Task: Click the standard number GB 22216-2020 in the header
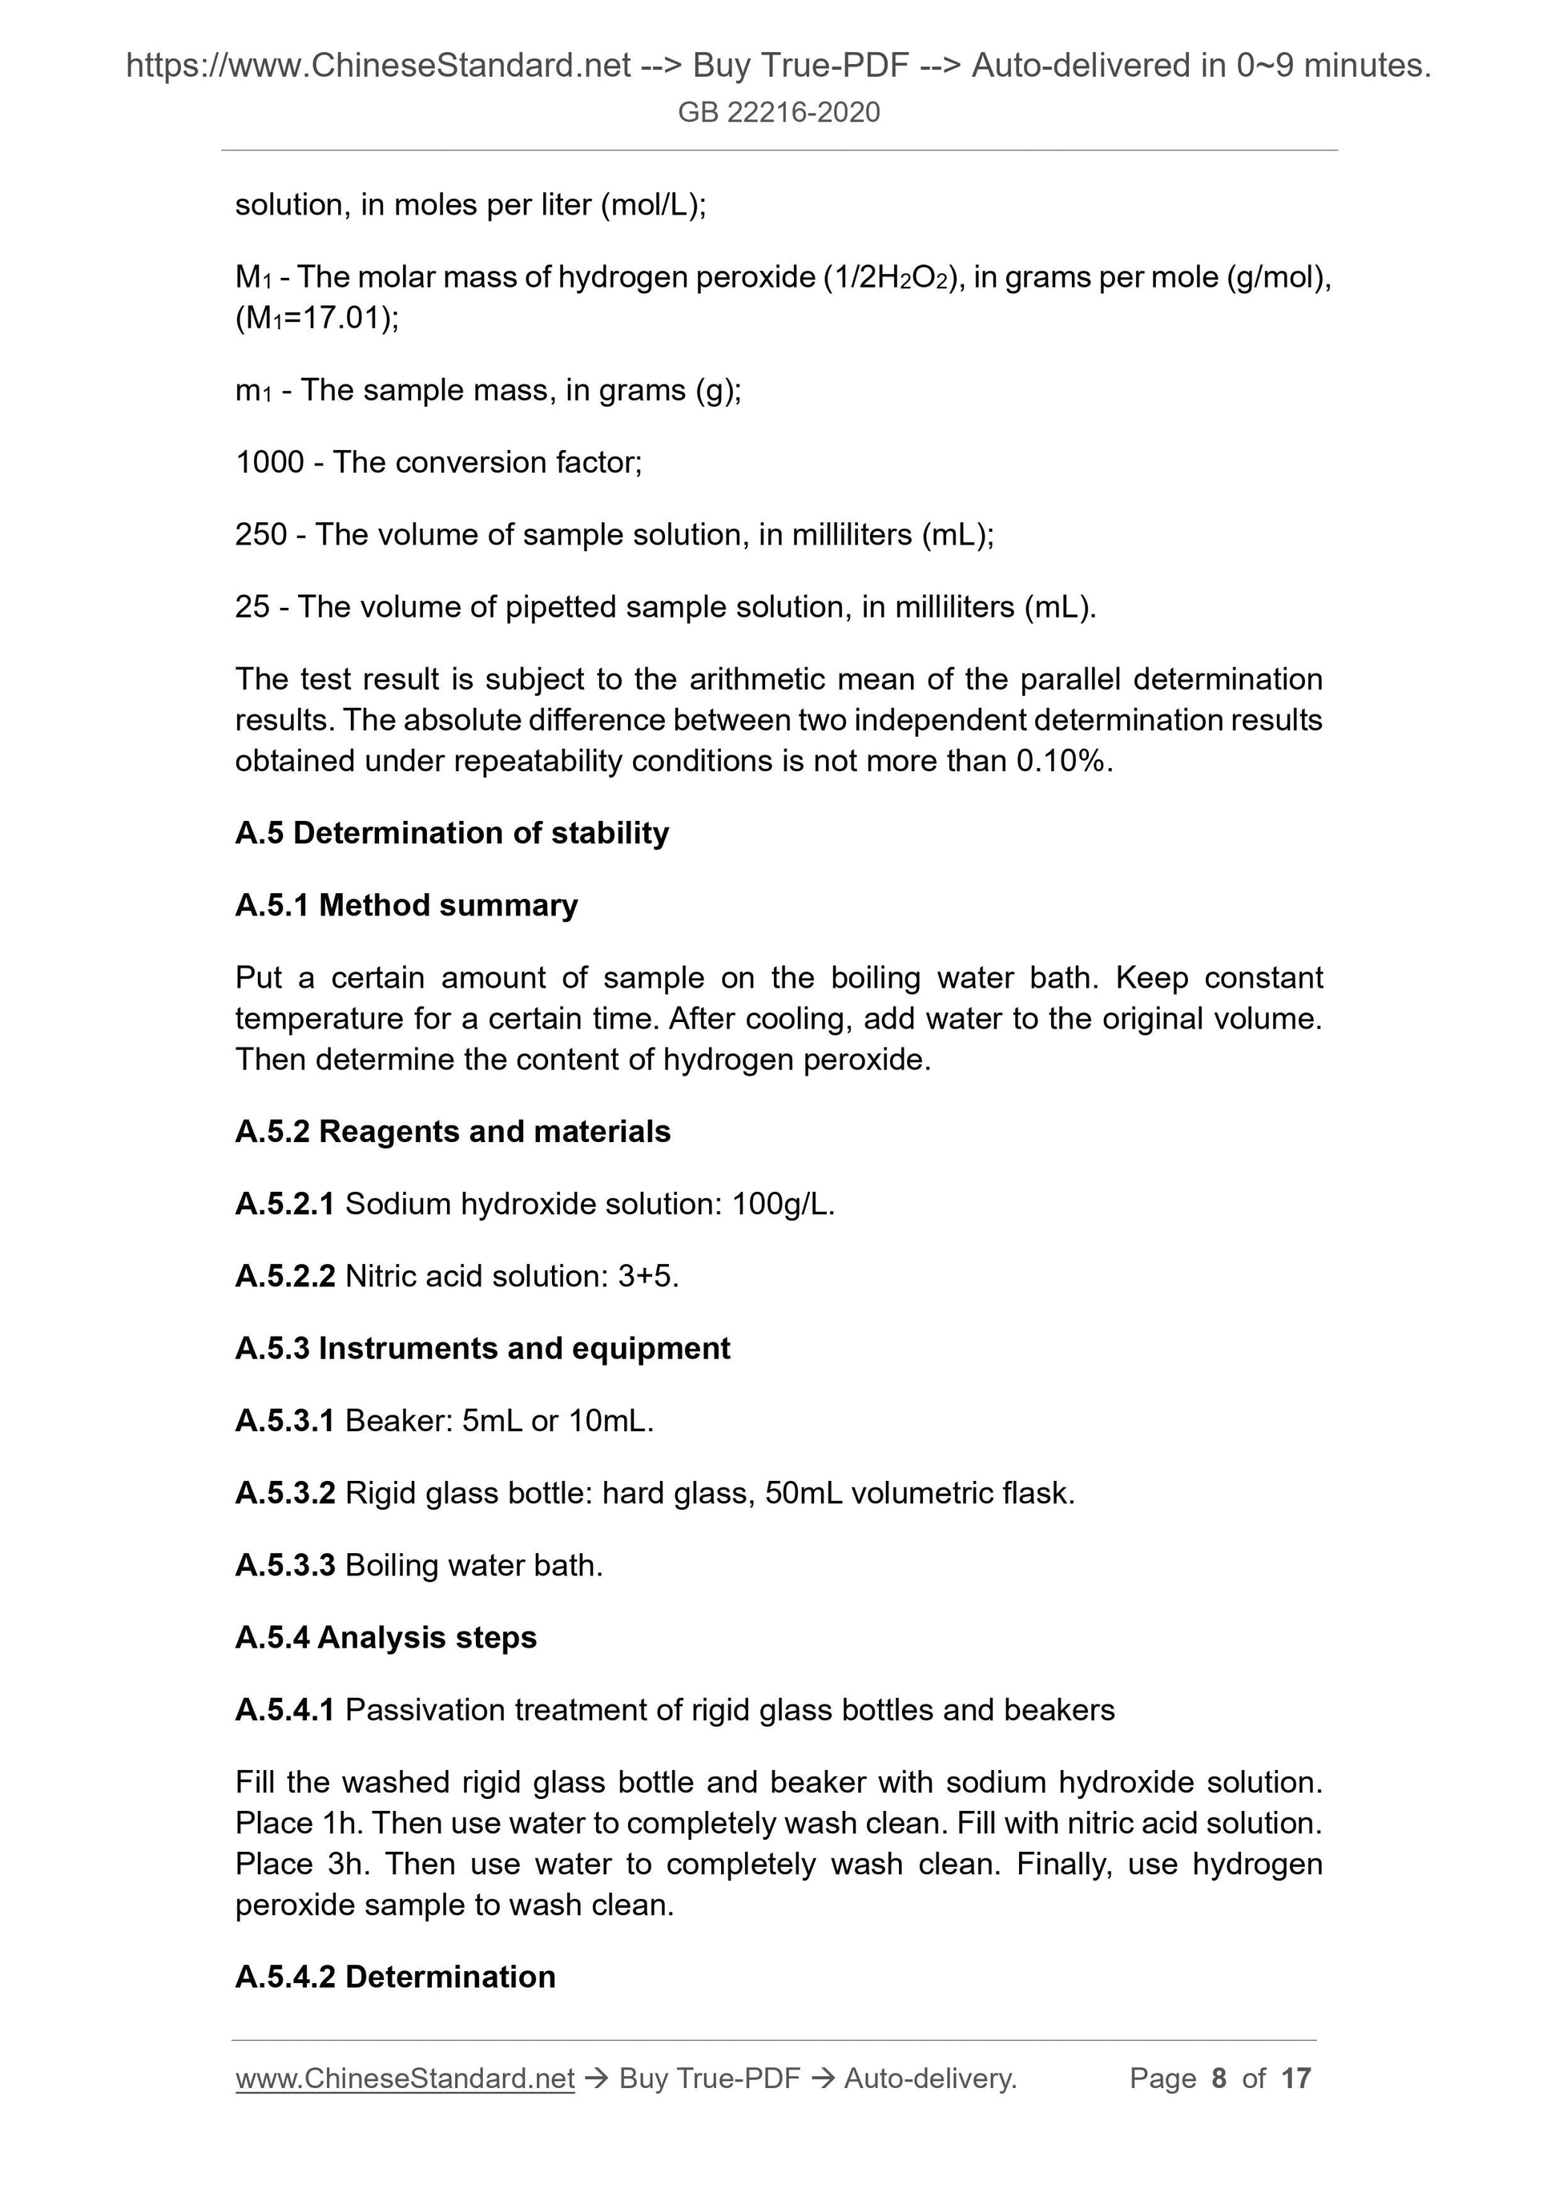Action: [778, 112]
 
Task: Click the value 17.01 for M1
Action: [344, 318]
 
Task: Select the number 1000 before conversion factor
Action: [269, 462]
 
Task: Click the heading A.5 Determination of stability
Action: [452, 833]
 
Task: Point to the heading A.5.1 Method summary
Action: [406, 904]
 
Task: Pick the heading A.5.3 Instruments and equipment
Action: [482, 1348]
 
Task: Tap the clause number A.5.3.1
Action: [284, 1420]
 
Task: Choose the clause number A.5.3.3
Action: [284, 1565]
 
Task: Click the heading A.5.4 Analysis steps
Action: [385, 1637]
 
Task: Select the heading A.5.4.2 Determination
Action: [395, 1977]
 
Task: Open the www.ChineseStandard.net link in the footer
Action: [405, 2078]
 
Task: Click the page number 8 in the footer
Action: [1219, 2078]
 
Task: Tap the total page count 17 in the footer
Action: [1295, 2078]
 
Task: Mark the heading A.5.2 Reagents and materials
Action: [453, 1131]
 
